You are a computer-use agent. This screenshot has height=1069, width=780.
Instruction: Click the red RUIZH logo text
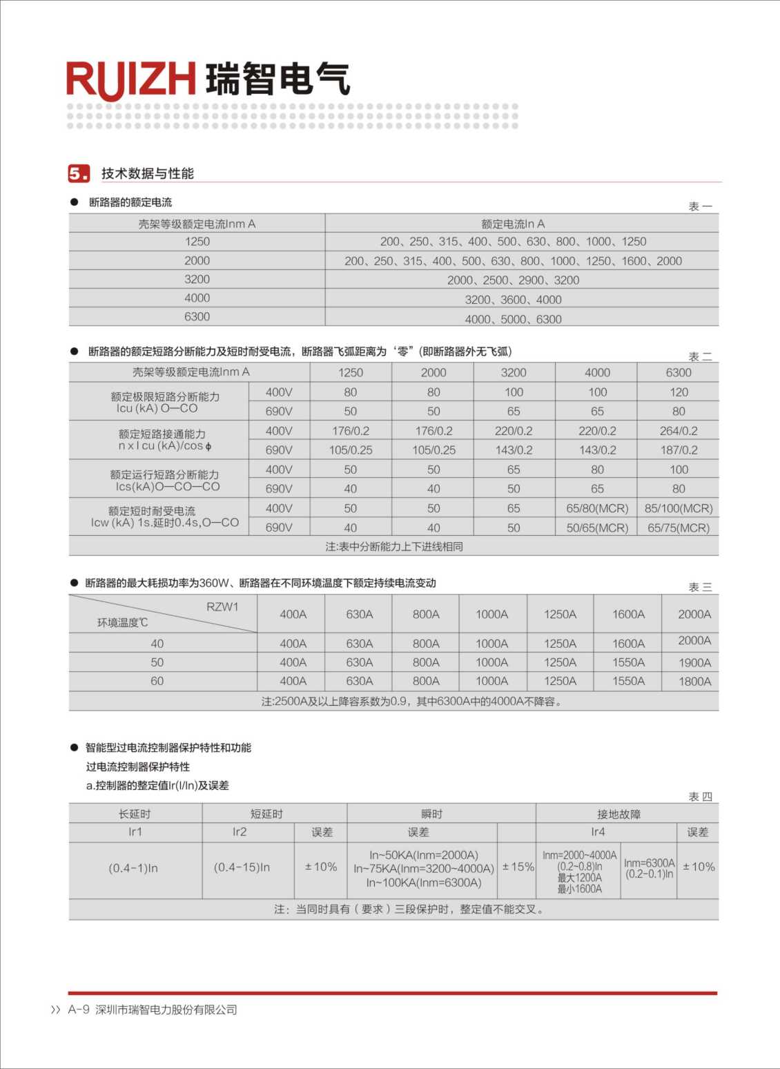(x=131, y=79)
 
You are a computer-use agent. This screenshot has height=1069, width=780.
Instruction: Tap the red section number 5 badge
(x=79, y=173)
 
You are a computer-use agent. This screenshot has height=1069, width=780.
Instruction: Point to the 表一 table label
(x=700, y=206)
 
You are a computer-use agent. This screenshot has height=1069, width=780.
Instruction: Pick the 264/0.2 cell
(x=679, y=431)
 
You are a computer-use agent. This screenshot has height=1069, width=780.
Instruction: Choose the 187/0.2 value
(x=679, y=450)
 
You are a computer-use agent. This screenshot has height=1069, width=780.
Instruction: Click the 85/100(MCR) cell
(x=679, y=508)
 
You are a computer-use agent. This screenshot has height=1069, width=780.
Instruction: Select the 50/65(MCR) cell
(x=597, y=528)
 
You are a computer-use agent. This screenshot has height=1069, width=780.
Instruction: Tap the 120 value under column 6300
(x=679, y=392)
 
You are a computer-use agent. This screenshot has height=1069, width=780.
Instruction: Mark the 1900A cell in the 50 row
(x=694, y=663)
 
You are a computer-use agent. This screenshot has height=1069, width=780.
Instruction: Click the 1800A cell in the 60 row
(x=694, y=682)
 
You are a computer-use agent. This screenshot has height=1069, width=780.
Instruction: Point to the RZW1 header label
(x=222, y=607)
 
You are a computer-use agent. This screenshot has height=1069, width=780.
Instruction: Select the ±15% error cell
(x=518, y=867)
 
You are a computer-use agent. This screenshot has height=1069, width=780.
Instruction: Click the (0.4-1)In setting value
(x=133, y=868)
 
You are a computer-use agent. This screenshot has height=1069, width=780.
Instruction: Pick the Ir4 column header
(x=598, y=832)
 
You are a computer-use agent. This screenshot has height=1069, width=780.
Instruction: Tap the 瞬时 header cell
(x=431, y=814)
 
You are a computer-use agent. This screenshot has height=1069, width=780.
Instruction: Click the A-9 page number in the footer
(x=79, y=1010)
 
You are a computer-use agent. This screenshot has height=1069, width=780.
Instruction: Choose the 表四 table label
(x=700, y=797)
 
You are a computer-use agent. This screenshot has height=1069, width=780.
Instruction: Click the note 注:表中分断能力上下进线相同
(x=394, y=546)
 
